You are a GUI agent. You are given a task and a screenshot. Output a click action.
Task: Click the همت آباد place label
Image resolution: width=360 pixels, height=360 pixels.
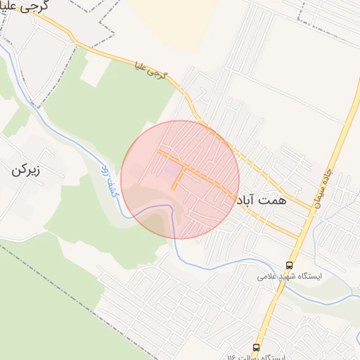click(x=262, y=200)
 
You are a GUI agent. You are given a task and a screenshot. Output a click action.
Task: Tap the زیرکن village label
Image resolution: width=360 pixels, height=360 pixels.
click(x=26, y=170)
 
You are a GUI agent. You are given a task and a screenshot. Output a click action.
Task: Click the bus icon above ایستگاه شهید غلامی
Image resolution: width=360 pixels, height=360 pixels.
click(x=289, y=265)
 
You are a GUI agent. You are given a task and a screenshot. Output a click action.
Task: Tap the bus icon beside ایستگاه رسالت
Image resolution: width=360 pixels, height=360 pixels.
click(x=257, y=347)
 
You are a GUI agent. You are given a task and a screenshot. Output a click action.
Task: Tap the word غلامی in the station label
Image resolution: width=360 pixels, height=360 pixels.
click(x=266, y=277)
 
